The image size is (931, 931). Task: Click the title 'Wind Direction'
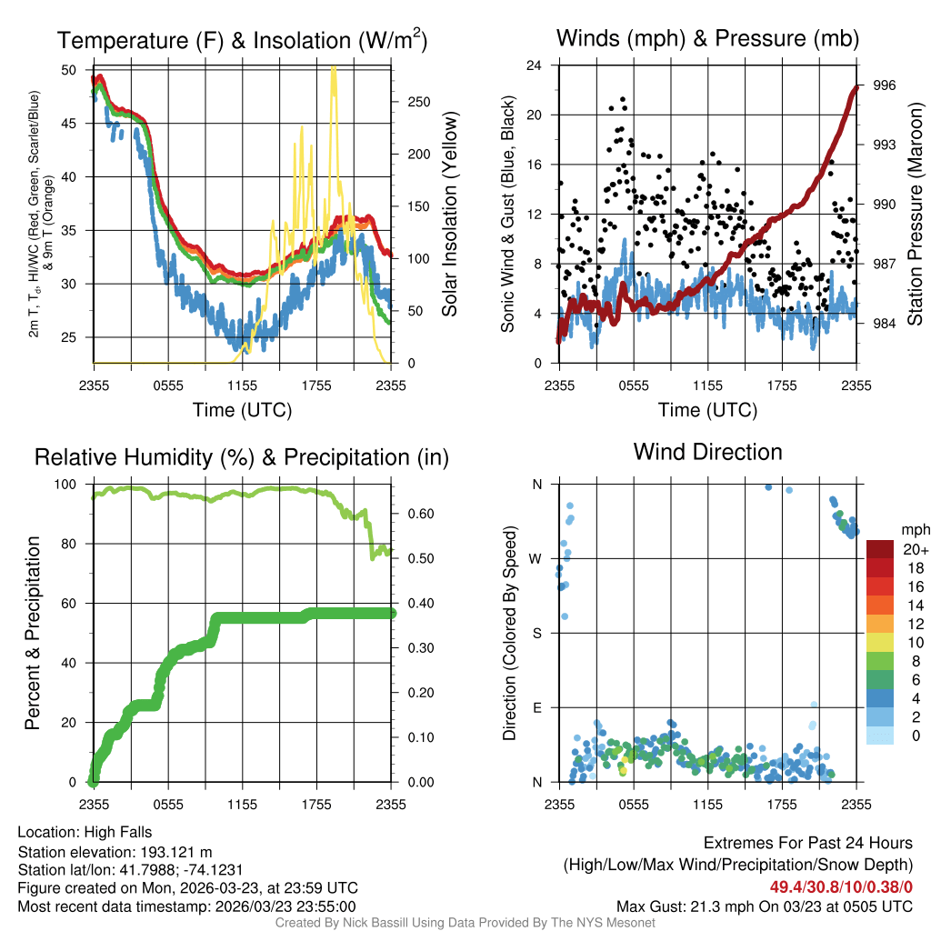coord(707,452)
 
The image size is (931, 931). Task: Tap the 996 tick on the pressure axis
coord(885,85)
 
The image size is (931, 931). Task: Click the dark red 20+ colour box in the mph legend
coord(879,549)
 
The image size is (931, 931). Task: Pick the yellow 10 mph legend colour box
coord(879,642)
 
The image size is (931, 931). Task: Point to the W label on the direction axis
coord(536,558)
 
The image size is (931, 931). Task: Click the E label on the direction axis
coord(536,707)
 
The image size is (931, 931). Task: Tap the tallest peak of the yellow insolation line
coord(334,68)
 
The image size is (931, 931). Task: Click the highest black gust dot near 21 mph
coord(623,99)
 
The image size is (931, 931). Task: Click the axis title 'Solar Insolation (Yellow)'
coord(450,215)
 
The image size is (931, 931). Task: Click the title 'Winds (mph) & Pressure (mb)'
coord(707,38)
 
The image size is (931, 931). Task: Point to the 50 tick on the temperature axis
coord(69,70)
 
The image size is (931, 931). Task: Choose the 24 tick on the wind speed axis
coord(535,65)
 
